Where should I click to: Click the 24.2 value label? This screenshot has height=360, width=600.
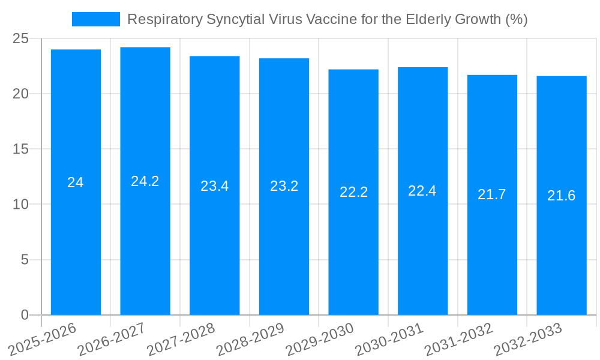pos(145,181)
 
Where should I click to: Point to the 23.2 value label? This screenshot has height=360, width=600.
pos(284,186)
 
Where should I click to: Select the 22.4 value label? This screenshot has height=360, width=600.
pos(422,191)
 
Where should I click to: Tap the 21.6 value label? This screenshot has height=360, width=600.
pos(561,196)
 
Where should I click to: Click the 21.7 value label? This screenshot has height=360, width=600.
pos(492,194)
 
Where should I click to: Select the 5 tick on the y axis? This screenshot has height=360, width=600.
pos(25,260)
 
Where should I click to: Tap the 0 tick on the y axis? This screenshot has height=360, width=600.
pos(25,315)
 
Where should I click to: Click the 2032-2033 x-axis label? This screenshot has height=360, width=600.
pos(527,340)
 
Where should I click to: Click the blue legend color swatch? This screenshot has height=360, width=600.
pos(96,19)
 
